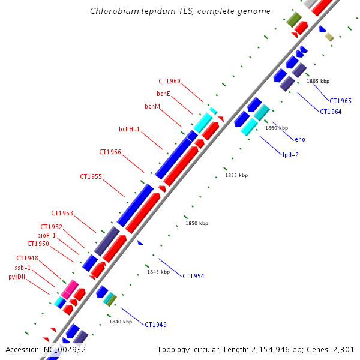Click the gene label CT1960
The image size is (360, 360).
[x=169, y=82]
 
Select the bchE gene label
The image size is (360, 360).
[x=163, y=94]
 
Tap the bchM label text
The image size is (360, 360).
[x=152, y=107]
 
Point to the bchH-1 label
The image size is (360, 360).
[x=129, y=129]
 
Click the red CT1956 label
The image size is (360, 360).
[x=110, y=152]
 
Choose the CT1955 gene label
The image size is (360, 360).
[x=91, y=177]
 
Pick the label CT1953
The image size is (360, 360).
[x=62, y=214]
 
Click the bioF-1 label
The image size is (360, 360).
[x=47, y=236]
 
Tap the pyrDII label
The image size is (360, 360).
[x=19, y=277]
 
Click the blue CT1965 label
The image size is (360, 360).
[x=340, y=101]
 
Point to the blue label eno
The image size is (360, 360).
[x=300, y=140]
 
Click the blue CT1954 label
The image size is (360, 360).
[x=193, y=277]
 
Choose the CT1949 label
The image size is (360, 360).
[x=155, y=325]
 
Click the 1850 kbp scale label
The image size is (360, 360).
[x=197, y=224]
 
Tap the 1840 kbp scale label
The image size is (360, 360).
[x=120, y=322]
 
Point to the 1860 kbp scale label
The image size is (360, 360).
[x=277, y=128]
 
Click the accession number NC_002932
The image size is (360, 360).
[x=64, y=349]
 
